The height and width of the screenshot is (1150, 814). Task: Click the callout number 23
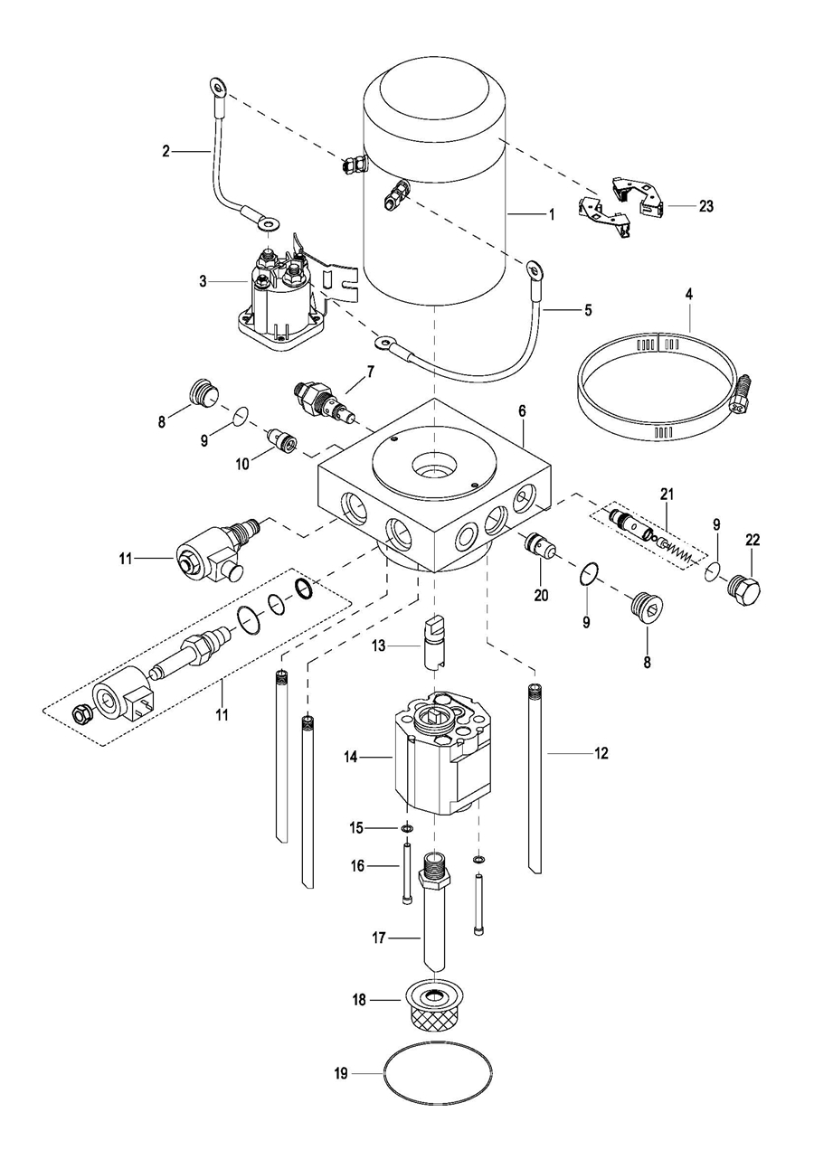tap(706, 206)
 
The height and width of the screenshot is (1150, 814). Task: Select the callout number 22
tap(752, 540)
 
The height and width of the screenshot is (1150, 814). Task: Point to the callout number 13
tap(378, 646)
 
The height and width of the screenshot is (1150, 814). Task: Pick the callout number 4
tap(689, 294)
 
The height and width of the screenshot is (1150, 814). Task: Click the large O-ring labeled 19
tap(439, 1072)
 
